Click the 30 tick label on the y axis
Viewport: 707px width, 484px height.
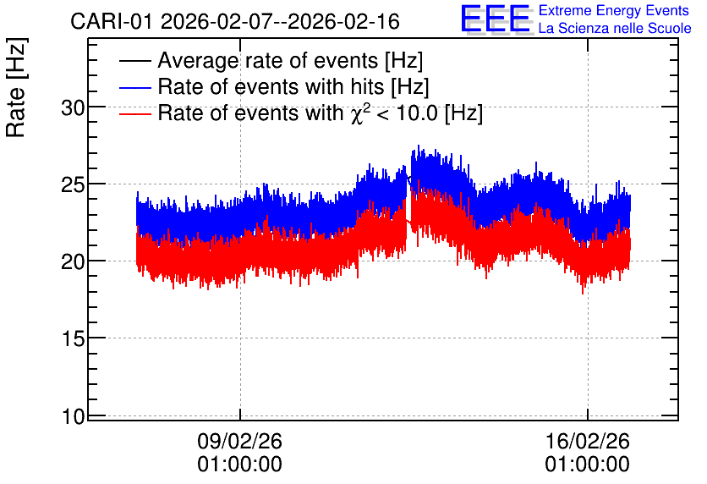73,108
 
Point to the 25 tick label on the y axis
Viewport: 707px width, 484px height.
73,185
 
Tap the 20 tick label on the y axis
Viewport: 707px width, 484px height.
73,261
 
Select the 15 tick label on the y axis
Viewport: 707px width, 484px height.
73,338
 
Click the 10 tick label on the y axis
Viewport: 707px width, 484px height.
73,416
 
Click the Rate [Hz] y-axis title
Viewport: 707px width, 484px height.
16,87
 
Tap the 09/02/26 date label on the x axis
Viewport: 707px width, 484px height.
239,441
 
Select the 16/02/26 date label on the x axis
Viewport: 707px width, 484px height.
588,441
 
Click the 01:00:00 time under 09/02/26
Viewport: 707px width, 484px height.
239,465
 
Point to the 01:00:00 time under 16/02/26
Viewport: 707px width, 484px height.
588,465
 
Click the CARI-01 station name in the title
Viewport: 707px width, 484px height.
112,21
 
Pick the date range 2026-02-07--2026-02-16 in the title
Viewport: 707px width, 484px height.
280,21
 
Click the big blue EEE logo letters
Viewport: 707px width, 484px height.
496,19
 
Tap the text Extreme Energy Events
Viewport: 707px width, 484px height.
614,10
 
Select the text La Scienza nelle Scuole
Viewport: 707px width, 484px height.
615,29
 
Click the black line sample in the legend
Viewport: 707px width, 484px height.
134,61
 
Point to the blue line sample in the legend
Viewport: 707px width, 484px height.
134,87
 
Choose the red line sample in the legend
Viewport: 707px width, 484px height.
134,113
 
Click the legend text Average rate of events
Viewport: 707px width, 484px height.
268,61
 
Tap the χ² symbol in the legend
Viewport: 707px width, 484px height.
359,113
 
